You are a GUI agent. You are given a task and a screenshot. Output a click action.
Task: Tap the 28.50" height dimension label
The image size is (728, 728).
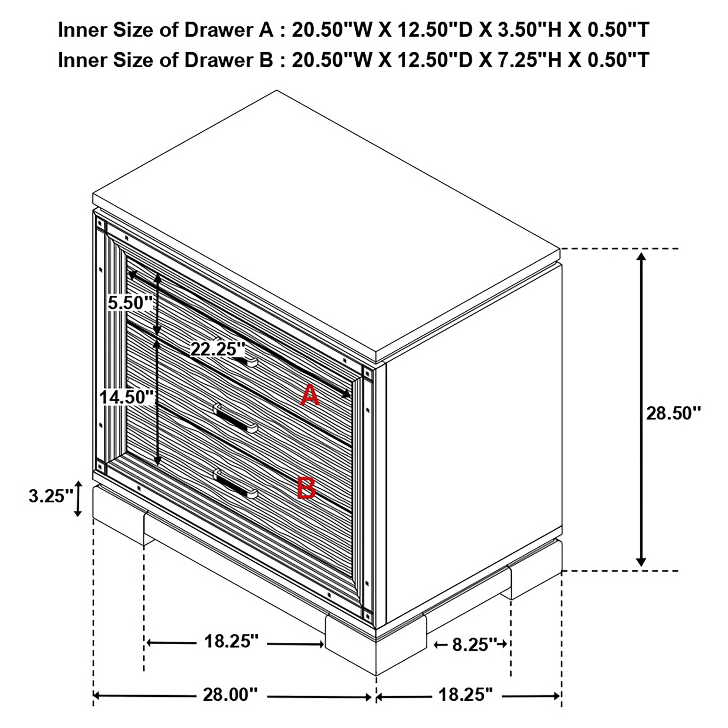[673, 414]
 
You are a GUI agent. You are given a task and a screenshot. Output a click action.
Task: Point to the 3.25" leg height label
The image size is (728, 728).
[51, 496]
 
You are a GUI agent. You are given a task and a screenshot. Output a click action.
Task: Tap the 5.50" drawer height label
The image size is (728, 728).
[130, 303]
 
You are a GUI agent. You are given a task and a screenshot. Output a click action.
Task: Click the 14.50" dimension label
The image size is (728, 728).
[127, 397]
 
